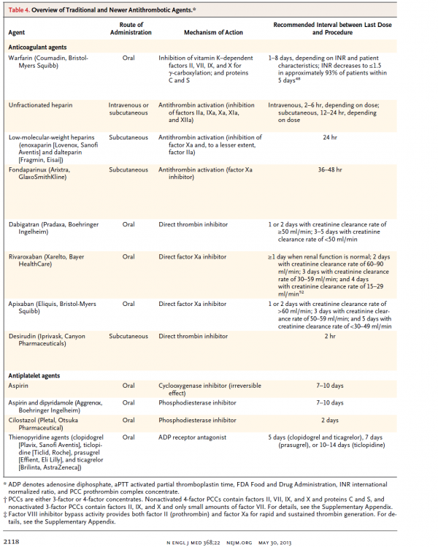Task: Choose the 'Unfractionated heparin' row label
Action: pyautogui.click(x=40, y=105)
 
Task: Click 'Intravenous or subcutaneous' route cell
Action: pyautogui.click(x=128, y=109)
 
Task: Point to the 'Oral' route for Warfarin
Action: pyautogui.click(x=128, y=57)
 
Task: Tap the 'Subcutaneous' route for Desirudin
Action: pyautogui.click(x=128, y=337)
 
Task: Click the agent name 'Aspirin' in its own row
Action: pyautogui.click(x=19, y=385)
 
